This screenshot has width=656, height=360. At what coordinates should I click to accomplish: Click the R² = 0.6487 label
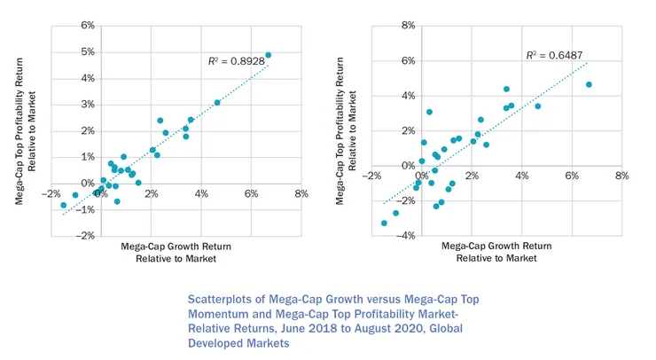tap(548, 55)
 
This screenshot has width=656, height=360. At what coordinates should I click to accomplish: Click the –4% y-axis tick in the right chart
tap(407, 237)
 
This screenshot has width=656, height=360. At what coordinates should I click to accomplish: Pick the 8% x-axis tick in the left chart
tap(302, 193)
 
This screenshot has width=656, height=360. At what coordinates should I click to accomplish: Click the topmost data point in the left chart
tap(269, 55)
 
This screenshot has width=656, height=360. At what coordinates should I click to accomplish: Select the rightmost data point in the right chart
tap(589, 85)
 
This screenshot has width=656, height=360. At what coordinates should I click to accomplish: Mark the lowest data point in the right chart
tap(384, 223)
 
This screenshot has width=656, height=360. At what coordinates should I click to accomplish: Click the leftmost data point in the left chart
tap(63, 205)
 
